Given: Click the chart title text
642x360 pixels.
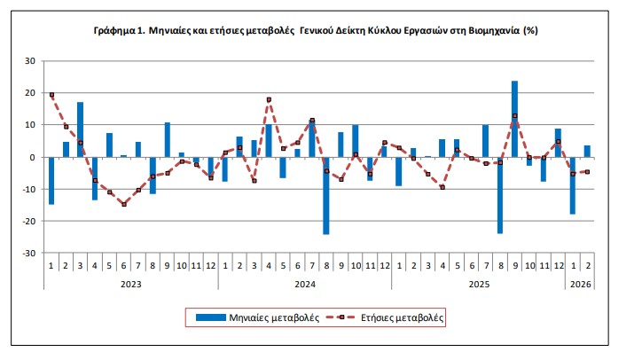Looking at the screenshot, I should pos(316,29).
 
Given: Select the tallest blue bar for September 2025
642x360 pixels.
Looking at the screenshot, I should pos(514,119).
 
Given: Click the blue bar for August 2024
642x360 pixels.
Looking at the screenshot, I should pos(326,195).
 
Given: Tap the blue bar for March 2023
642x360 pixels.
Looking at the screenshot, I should pos(80,129).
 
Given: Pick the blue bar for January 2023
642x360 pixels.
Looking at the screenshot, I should pos(51,180).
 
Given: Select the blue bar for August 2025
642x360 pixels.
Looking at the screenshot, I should pos(500,195).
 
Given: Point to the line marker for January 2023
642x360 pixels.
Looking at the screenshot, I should pos(51,95).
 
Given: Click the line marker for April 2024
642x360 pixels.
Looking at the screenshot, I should pos(269,99).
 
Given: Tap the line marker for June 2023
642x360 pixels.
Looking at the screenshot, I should pos(124,204).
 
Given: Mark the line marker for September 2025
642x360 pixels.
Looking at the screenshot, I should pos(514,115).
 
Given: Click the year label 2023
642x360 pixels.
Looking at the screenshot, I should pos(131,283).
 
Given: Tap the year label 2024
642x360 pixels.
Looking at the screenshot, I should pos(304,283).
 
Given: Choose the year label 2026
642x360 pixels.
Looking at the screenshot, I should pos(579,283).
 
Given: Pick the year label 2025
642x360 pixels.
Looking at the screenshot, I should pos(478,283).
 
